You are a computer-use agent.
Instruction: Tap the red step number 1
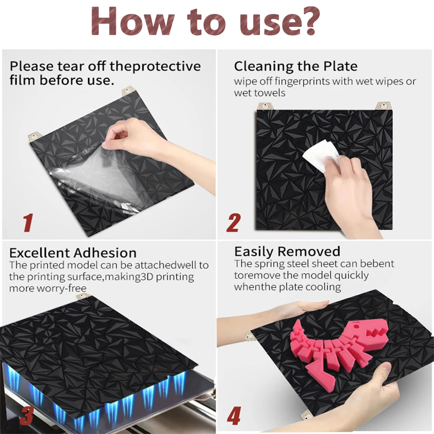(28, 222)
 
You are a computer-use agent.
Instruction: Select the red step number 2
(233, 223)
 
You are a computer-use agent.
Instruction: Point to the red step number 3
(26, 416)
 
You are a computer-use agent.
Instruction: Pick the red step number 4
(233, 416)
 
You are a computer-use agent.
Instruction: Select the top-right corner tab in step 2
(383, 106)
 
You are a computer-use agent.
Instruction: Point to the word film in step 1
(23, 80)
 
